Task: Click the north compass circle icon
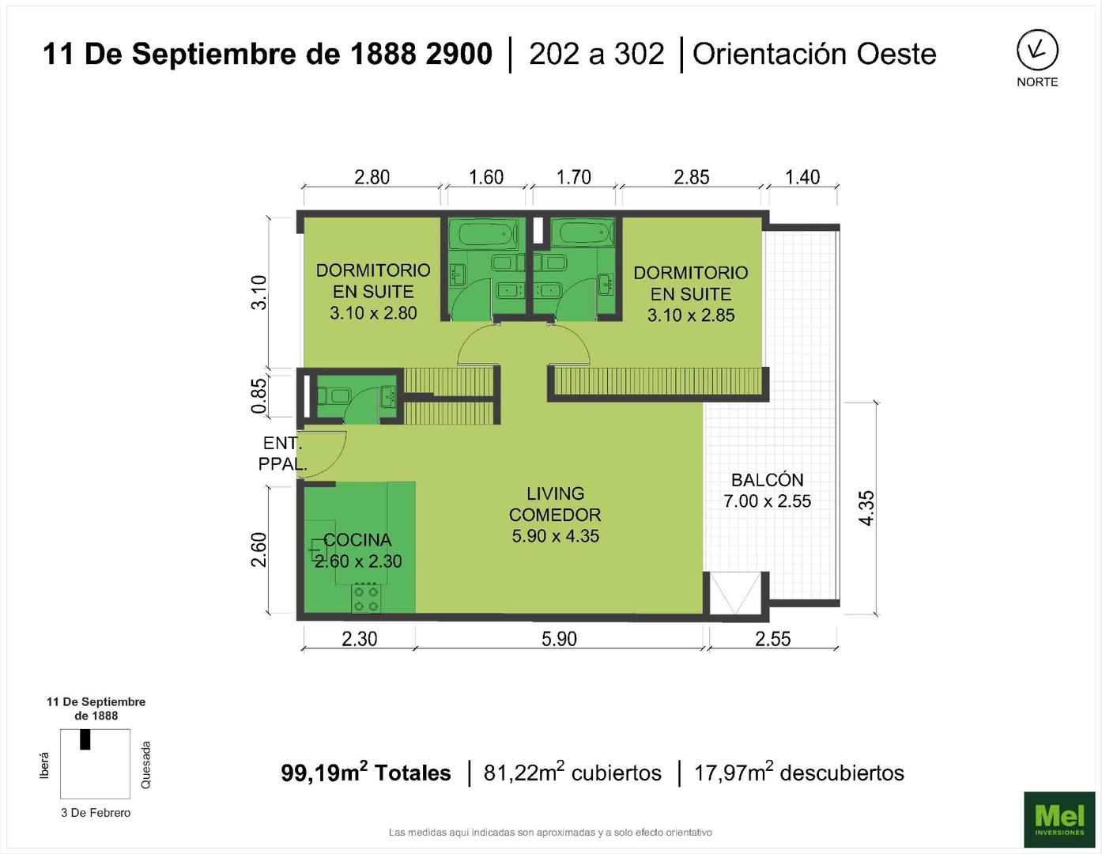(1037, 51)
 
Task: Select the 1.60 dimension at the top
(486, 177)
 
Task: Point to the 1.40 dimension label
(802, 177)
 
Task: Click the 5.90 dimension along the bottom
(559, 638)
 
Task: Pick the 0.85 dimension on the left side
(259, 396)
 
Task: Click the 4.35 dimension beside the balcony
(866, 508)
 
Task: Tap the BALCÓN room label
(767, 480)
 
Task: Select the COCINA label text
(357, 540)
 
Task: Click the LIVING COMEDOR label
(555, 504)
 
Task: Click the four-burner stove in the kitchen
(366, 599)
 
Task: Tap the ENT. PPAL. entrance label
(282, 453)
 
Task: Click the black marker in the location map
(85, 739)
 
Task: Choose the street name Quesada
(145, 764)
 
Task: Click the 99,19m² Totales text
(366, 773)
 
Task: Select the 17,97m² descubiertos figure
(799, 773)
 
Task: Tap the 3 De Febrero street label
(96, 813)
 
